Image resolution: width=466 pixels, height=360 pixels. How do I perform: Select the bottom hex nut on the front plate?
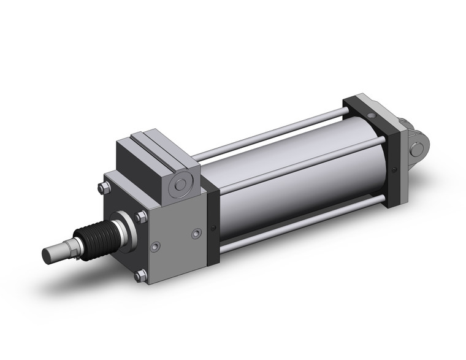140,275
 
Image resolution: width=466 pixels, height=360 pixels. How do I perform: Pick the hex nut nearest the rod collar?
141,216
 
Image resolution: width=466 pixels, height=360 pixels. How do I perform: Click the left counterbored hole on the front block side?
156,246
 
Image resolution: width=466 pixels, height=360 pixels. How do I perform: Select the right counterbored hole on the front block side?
196,234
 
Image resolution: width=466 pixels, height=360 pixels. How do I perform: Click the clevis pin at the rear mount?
419,147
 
